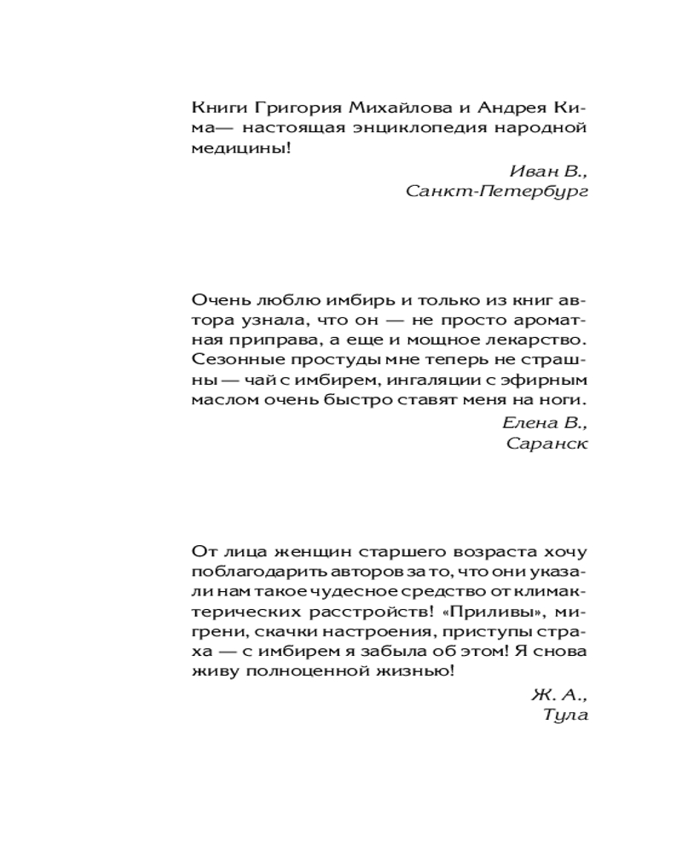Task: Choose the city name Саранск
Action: (x=547, y=442)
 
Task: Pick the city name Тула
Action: (x=565, y=715)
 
